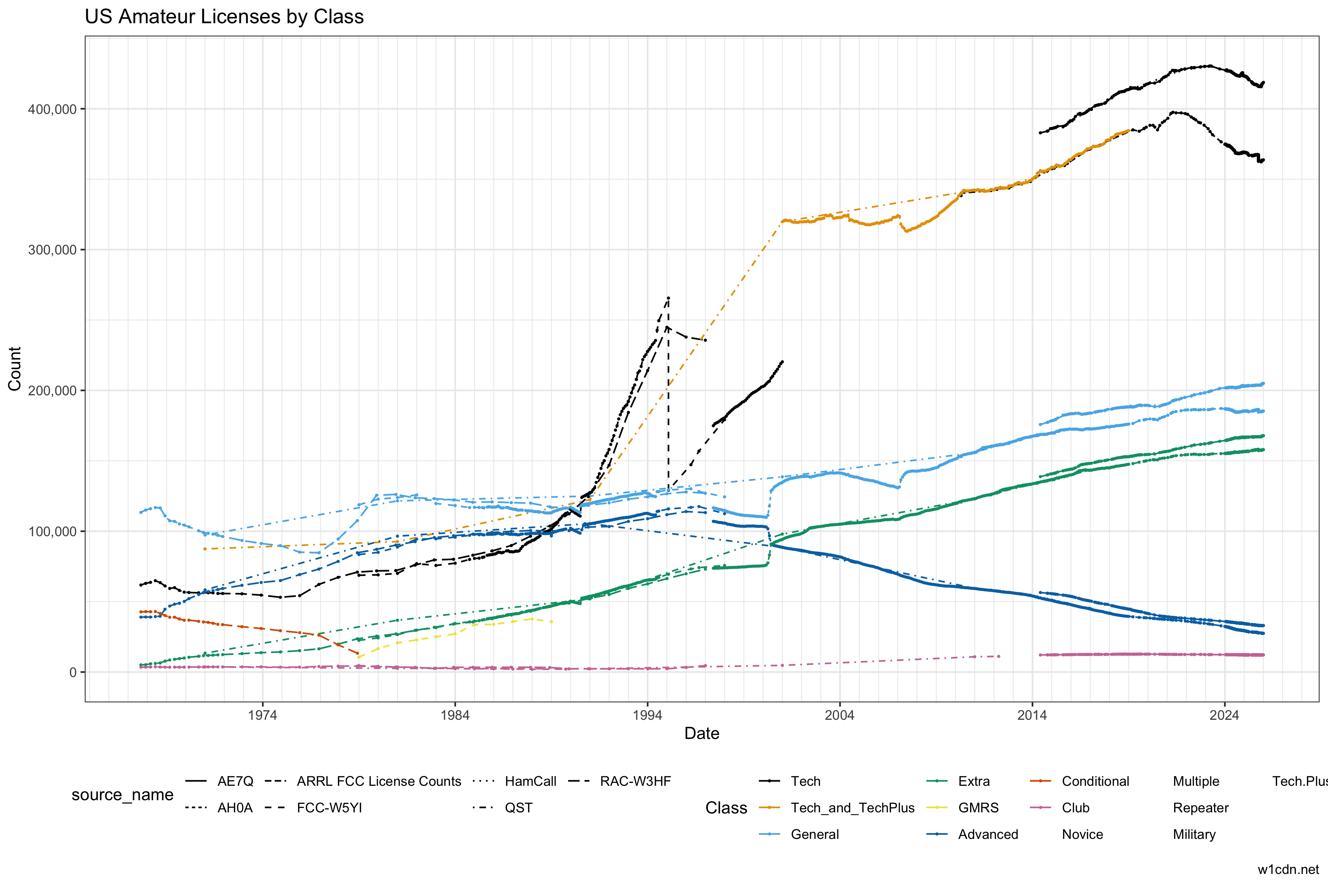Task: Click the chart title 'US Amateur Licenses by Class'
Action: [x=224, y=17]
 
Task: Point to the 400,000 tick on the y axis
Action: [x=52, y=109]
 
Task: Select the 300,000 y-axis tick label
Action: [x=52, y=250]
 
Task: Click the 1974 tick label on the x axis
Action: [x=263, y=716]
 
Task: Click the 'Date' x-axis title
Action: [x=702, y=734]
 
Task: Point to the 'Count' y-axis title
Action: [x=15, y=368]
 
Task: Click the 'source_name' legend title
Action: [x=122, y=795]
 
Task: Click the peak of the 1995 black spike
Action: [x=668, y=298]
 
